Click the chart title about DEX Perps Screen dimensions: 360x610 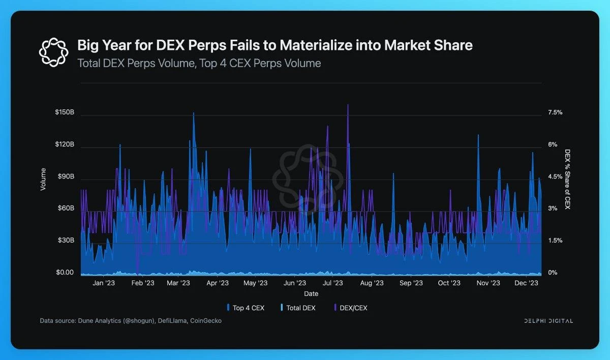point(274,45)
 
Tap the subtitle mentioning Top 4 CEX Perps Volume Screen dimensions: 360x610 point(199,64)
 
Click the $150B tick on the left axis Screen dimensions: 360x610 point(65,112)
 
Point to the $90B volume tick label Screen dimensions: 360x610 point(65,176)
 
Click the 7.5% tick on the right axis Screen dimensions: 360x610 point(555,112)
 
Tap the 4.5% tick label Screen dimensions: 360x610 point(555,176)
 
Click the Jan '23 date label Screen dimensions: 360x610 point(104,283)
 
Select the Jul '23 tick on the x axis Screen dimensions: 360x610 point(333,283)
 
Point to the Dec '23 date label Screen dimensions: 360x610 point(527,283)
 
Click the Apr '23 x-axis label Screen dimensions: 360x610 point(217,283)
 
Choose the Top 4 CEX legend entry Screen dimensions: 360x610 point(246,308)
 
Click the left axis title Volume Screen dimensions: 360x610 point(43,179)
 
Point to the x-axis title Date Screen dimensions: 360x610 point(311,294)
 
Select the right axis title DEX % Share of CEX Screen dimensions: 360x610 point(567,179)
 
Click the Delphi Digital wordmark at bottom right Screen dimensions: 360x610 point(548,321)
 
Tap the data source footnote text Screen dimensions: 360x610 point(131,321)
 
